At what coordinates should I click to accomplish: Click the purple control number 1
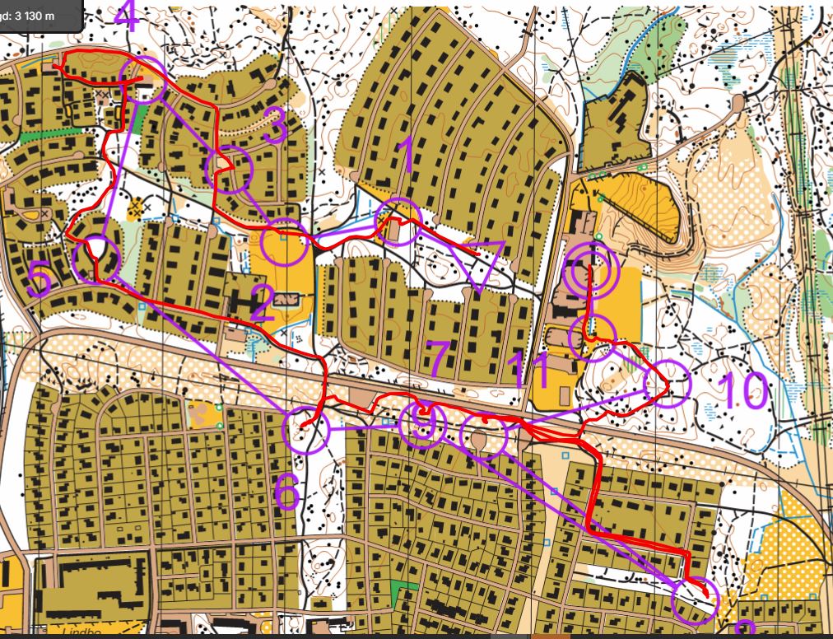pos(404,157)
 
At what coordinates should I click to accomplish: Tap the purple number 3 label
pos(276,127)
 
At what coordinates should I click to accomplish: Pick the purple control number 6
pos(286,492)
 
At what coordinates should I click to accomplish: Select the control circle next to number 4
pos(142,81)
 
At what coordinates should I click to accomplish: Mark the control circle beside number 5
pos(96,259)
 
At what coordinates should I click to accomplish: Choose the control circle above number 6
pos(305,429)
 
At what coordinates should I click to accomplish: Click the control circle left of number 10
pos(666,383)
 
